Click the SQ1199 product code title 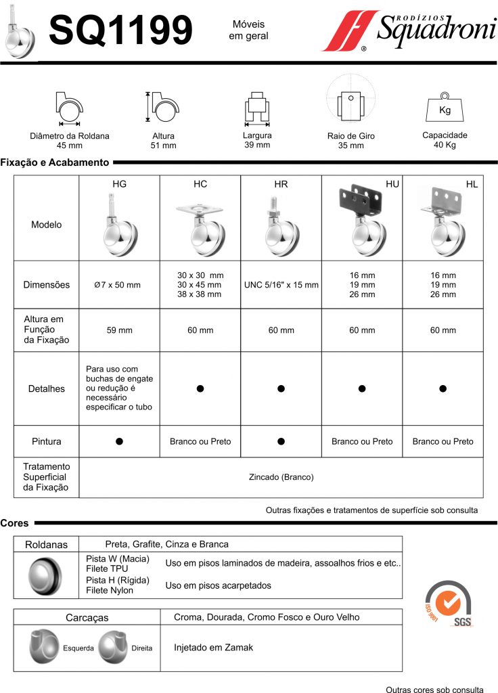pos(121,30)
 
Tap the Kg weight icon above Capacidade pos(445,109)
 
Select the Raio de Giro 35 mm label pos(350,141)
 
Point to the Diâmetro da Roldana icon pos(69,107)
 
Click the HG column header pos(119,184)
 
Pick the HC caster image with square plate pos(200,227)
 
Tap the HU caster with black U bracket pos(361,220)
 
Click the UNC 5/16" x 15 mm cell pos(281,285)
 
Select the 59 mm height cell pos(119,330)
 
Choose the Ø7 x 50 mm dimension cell pos(119,285)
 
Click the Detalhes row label pos(47,389)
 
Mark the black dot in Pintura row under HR pos(281,441)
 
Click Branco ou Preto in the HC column pos(200,442)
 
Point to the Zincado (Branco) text pos(281,477)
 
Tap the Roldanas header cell pos(47,545)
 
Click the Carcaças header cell pos(87,618)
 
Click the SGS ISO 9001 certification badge pos(448,604)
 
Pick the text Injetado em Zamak pos(213,648)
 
